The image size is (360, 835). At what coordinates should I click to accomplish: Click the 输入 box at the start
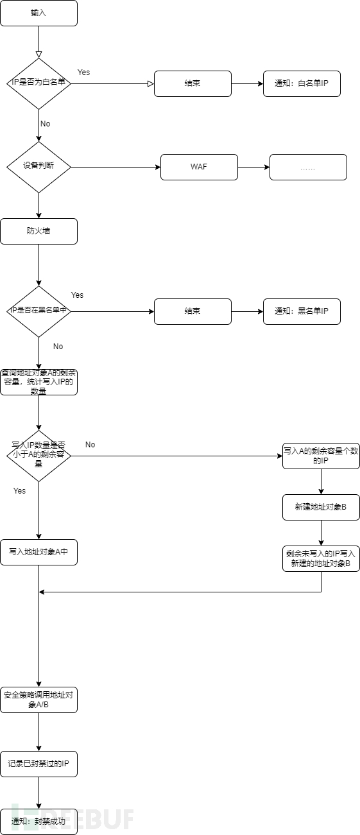pos(39,13)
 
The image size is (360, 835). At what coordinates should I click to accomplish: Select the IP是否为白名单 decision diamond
pos(39,83)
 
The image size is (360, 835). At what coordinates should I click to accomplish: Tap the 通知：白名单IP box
pos(302,83)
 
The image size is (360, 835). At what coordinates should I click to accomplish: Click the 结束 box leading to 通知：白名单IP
pos(193,83)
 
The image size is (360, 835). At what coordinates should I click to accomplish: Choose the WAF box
pos(199,167)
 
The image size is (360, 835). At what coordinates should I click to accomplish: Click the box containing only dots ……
pos(308,167)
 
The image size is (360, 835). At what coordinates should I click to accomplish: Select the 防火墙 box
pos(39,231)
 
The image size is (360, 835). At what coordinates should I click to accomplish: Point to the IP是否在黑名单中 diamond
pos(39,311)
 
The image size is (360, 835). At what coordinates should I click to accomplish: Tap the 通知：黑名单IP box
pos(302,311)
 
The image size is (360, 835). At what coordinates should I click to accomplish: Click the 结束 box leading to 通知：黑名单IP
pos(193,311)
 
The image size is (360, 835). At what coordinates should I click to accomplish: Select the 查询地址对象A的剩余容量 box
pos(39,382)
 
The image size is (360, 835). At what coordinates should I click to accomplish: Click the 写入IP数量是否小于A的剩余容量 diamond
pos(39,456)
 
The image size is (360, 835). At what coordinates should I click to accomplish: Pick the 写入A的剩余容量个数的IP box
pos(321,456)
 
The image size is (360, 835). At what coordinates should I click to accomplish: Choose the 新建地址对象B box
pos(321,507)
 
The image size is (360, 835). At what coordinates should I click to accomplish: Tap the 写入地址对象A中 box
pos(39,552)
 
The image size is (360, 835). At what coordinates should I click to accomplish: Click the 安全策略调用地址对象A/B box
pos(39,700)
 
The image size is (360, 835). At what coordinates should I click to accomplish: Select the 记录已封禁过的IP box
pos(39,764)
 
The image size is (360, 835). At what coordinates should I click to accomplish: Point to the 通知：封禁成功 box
pos(39,822)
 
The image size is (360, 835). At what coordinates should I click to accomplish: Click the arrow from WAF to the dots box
pos(253,167)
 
